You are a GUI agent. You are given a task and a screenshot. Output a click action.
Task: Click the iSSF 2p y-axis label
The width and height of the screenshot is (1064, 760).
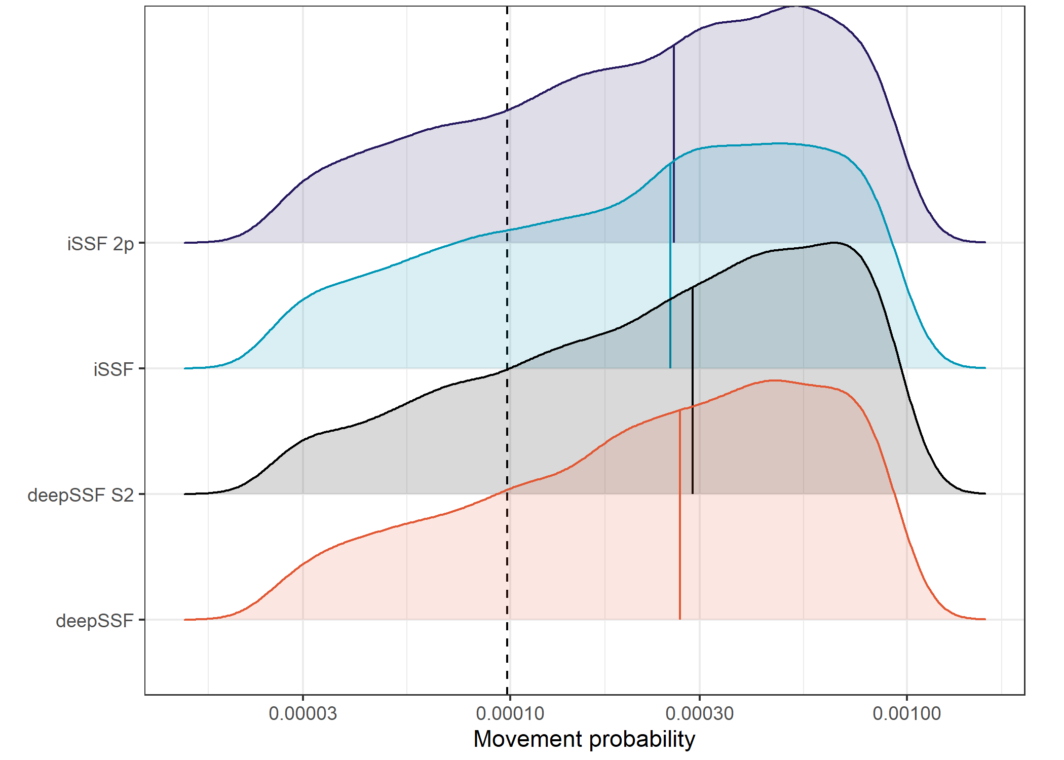click(x=100, y=244)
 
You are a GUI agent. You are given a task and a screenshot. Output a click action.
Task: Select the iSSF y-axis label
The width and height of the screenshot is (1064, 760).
click(x=113, y=369)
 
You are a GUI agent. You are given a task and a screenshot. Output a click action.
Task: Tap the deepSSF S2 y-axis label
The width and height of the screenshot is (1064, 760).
click(x=81, y=495)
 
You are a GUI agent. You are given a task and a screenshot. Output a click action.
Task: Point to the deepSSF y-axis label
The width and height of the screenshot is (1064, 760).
click(x=95, y=621)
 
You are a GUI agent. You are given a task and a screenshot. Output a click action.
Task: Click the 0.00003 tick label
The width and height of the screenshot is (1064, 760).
click(x=302, y=713)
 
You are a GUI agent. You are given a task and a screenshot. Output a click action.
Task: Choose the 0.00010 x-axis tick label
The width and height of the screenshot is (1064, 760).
click(x=510, y=713)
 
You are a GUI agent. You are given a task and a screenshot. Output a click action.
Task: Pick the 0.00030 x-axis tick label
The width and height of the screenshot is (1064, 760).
click(x=699, y=713)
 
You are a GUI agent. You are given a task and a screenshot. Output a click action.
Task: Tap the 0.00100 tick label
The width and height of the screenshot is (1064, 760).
click(x=906, y=713)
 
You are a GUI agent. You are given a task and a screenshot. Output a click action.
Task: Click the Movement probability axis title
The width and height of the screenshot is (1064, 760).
click(x=584, y=739)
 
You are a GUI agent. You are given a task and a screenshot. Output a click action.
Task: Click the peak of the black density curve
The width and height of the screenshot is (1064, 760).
click(x=834, y=243)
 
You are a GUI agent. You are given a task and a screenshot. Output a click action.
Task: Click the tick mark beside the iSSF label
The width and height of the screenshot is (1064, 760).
click(x=142, y=368)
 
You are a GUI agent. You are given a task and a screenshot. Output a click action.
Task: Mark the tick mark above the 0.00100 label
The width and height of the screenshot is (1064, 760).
click(x=906, y=698)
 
